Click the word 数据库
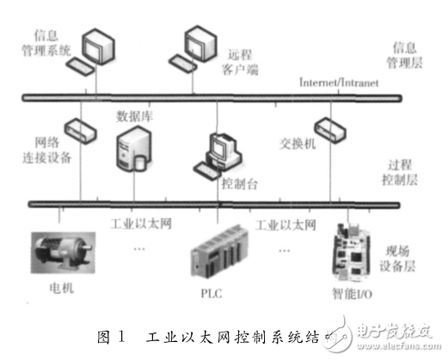[x=133, y=116]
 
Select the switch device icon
[x=331, y=128]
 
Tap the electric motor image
[x=64, y=251]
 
